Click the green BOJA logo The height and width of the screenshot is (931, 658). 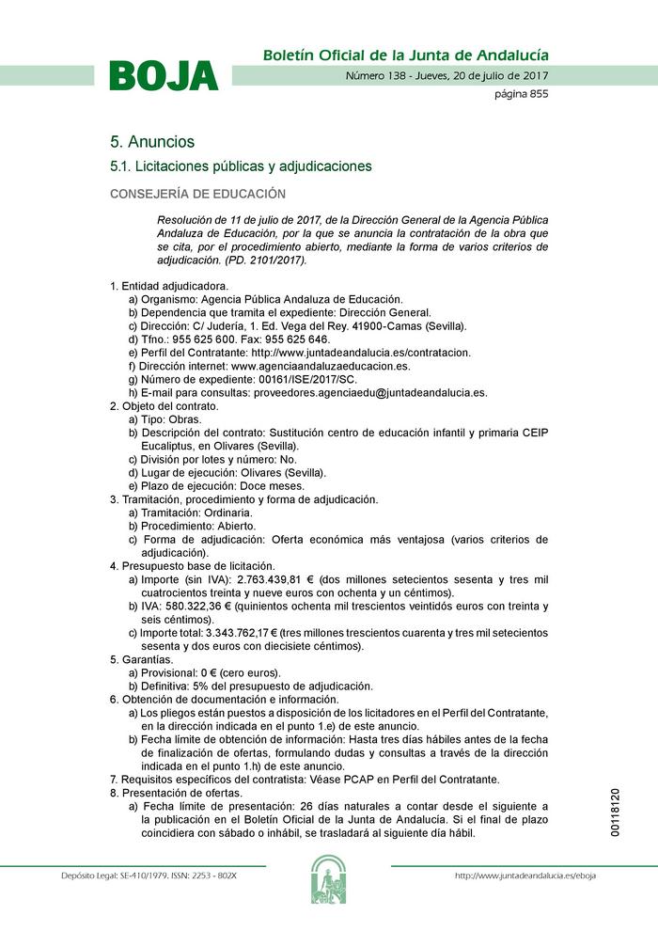[164, 76]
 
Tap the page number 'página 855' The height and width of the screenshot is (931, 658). [521, 94]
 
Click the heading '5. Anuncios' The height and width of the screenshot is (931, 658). [152, 142]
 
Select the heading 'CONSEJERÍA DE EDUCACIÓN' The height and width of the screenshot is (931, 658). [197, 194]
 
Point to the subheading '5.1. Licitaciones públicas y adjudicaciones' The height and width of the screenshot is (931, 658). [241, 166]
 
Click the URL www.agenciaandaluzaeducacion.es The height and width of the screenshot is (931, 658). [321, 366]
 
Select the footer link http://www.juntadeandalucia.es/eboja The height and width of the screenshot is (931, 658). [525, 876]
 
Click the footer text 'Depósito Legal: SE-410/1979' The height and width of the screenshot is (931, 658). [121, 876]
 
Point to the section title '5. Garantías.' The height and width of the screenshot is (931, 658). [142, 659]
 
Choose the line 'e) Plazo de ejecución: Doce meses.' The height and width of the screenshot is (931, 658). [216, 486]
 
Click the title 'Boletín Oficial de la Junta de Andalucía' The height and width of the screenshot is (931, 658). [405, 55]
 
